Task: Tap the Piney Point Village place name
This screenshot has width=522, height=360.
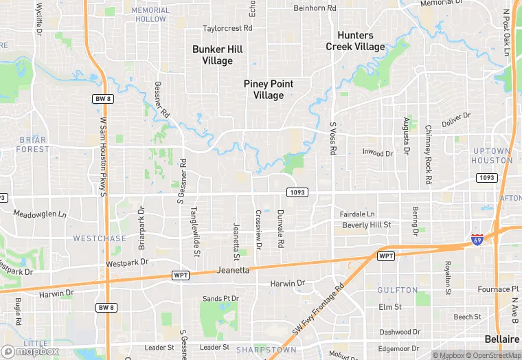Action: click(268, 89)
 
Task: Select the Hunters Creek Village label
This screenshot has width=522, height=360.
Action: click(355, 41)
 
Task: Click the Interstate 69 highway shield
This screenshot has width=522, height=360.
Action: click(477, 240)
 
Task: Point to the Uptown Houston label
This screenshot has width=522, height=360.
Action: click(492, 155)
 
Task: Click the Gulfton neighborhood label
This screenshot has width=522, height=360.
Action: click(397, 291)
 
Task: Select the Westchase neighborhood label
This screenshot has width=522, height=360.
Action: click(100, 238)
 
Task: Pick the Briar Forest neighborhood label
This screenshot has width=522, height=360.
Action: click(32, 144)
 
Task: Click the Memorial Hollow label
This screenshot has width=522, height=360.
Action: click(150, 14)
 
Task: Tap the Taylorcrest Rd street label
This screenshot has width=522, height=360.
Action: click(227, 29)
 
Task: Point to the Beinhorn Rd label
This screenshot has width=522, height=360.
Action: click(314, 8)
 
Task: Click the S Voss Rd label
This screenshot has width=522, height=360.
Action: click(332, 138)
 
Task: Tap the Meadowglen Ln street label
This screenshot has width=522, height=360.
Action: click(40, 214)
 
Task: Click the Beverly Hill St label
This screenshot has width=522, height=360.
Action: click(366, 225)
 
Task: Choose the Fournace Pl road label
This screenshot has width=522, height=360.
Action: click(494, 289)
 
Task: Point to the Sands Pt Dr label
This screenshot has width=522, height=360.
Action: click(220, 299)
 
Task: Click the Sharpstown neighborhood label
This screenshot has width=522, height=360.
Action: click(266, 350)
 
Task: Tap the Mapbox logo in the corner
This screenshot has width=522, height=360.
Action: click(29, 351)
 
